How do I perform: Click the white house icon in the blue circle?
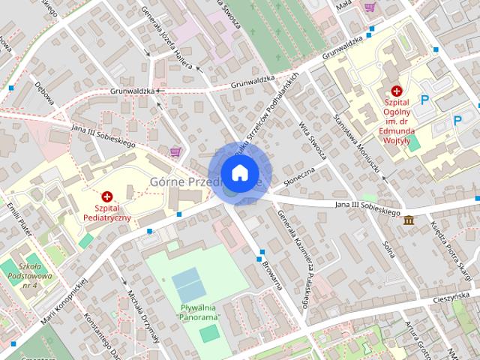(x=239, y=173)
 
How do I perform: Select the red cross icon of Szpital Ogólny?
(x=396, y=90)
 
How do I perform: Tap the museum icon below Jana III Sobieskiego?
(x=409, y=220)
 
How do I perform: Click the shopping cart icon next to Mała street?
(x=369, y=7)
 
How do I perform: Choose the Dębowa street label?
(x=44, y=92)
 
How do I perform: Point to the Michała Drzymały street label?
(x=143, y=316)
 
